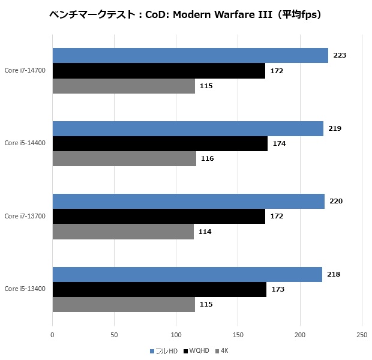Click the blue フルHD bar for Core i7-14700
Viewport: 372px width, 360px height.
190,55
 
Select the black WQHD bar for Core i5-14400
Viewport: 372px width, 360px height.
160,143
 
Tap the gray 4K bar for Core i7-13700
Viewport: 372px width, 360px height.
123,232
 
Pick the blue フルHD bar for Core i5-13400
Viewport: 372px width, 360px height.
187,274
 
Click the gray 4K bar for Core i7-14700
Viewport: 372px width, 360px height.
124,86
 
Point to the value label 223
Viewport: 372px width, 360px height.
340,55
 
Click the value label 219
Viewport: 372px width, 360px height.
335,128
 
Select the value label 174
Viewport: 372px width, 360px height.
279,143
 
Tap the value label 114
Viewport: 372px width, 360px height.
205,232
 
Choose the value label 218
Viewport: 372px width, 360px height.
334,274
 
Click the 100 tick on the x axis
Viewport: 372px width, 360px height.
176,334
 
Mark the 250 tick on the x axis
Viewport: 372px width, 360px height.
362,334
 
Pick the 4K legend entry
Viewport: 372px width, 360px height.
222,350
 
